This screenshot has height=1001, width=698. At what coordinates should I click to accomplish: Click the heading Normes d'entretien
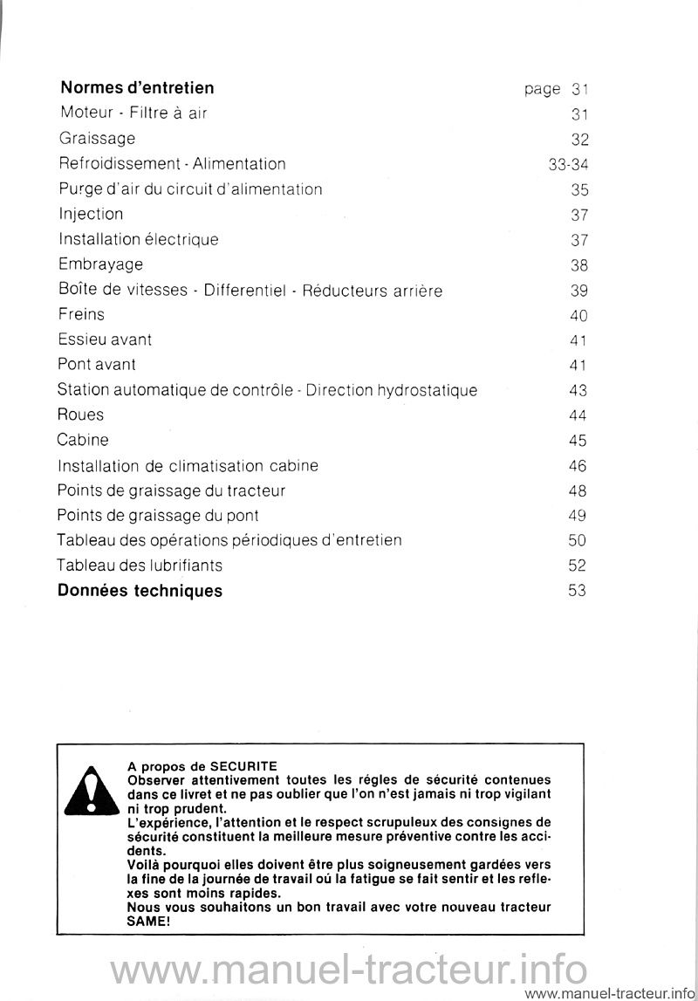(137, 88)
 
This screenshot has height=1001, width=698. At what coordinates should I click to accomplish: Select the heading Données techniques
(140, 591)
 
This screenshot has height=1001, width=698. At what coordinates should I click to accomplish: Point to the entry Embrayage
(101, 264)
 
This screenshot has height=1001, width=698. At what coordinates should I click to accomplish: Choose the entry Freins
(82, 313)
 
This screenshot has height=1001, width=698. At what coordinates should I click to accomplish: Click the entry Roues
(81, 415)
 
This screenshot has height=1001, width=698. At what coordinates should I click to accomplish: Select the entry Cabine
(84, 440)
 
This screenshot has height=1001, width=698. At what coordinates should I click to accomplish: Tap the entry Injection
(91, 214)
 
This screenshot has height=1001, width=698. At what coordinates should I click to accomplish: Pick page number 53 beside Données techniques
(578, 591)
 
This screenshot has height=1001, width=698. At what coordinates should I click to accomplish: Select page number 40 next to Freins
(578, 314)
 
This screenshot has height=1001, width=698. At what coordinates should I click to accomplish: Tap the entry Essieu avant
(106, 339)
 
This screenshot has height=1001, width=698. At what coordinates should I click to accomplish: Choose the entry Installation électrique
(139, 238)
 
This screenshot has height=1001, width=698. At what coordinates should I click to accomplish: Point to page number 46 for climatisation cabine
(578, 466)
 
